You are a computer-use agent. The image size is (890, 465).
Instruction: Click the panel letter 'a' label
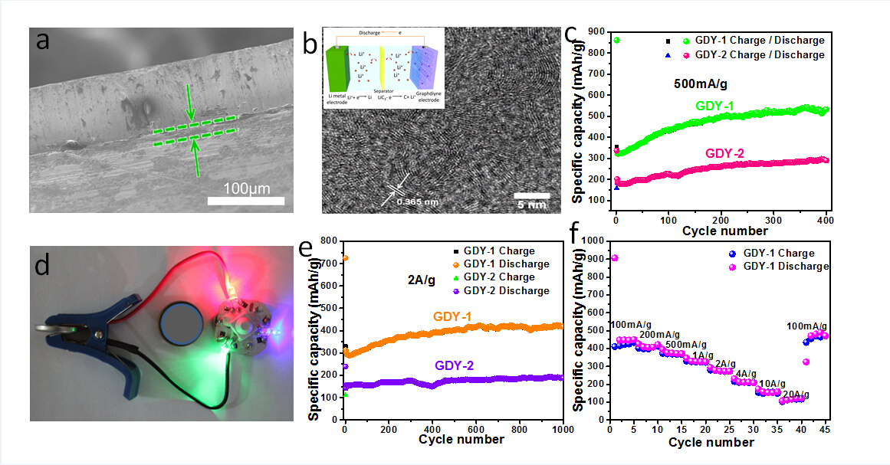coord(43,41)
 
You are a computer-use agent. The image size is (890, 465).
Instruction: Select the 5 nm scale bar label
coord(530,205)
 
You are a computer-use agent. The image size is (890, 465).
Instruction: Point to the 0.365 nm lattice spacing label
coord(416,201)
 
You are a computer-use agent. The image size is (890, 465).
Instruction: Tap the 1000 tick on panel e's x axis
coord(563,429)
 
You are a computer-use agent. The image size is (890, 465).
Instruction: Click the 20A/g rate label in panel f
coord(794,395)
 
